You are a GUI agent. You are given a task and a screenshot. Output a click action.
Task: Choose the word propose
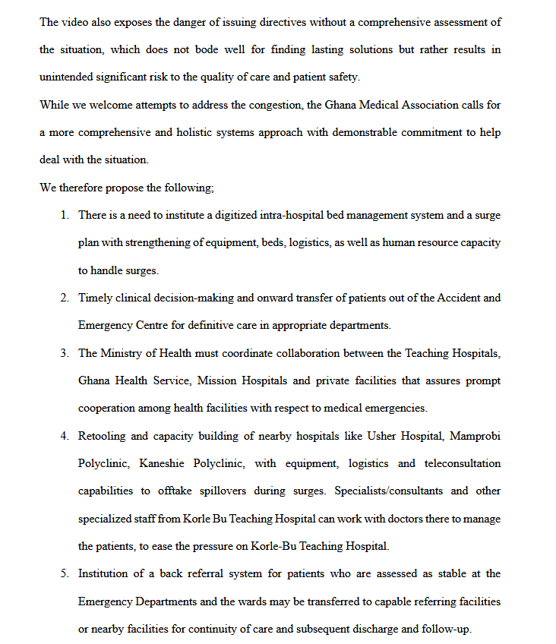coord(125,188)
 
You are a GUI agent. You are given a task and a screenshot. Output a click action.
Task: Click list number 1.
coord(65,216)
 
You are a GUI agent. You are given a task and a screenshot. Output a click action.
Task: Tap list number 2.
coord(65,298)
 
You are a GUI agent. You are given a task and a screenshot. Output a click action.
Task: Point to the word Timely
coord(94,298)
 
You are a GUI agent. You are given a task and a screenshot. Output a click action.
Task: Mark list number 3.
coord(65,353)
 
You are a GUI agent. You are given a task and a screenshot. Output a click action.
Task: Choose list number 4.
coord(65,436)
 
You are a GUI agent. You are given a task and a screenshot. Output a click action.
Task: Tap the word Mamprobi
coord(475,436)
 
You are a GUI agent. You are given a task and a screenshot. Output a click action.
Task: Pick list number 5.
coord(65,573)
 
